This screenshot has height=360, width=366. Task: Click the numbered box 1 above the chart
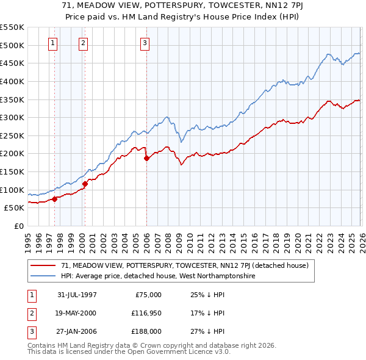coord(54,43)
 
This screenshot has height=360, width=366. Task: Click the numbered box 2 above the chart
coord(83,43)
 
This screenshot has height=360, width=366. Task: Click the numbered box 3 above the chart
coord(145,43)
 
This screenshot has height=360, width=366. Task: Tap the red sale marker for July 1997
coord(55,198)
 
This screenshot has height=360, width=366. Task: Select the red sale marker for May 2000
coord(85,183)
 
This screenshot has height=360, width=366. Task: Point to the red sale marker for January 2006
coord(146,158)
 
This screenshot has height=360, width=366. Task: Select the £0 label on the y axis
coord(18,226)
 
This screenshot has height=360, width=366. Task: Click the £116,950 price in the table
coord(145,312)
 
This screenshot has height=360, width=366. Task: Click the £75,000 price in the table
coord(148,294)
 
